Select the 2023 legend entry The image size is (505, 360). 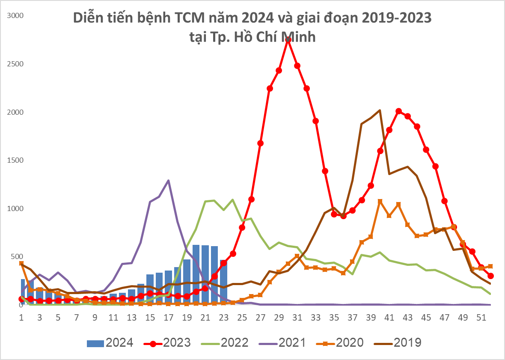[x=166, y=342]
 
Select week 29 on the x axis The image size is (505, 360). [x=279, y=318]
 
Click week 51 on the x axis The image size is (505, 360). [x=481, y=318]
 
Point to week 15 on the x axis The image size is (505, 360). [x=150, y=318]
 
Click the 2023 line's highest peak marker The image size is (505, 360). [x=288, y=39]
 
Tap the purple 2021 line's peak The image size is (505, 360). [x=169, y=181]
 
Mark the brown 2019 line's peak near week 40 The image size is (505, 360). [x=380, y=110]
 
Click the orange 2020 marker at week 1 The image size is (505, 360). [x=21, y=264]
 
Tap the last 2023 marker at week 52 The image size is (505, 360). [x=490, y=276]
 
